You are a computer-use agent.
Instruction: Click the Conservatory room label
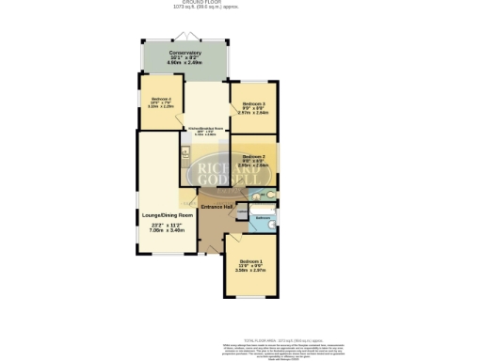coord(184,53)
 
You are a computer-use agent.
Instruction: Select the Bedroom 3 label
coord(253,103)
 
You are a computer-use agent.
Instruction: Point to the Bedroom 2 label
coord(252,156)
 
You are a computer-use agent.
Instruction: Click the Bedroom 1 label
coord(250,260)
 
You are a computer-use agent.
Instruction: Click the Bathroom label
coord(263,217)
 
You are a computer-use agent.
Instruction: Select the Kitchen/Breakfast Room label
coord(204,128)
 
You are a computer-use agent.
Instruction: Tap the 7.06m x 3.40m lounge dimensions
coord(165,230)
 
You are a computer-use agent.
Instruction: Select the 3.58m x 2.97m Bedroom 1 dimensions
coord(250,272)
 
